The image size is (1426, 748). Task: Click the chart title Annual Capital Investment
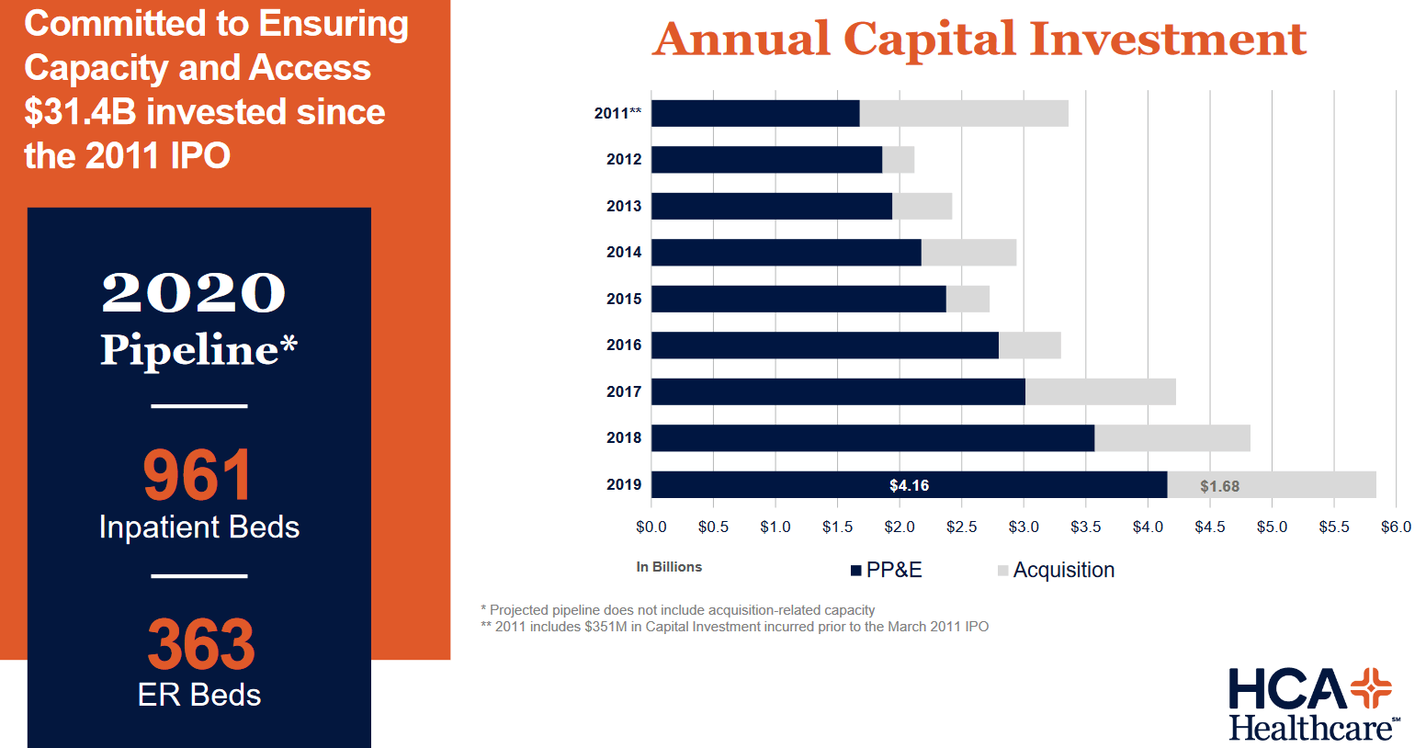[979, 40]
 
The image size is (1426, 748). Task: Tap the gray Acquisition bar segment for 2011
[964, 113]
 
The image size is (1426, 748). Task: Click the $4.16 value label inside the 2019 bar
[909, 485]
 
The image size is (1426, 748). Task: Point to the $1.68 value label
[1219, 486]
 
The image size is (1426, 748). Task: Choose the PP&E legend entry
[886, 570]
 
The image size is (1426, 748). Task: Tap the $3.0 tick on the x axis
[1024, 527]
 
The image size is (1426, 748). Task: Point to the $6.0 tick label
[1395, 527]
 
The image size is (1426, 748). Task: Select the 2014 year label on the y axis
[624, 252]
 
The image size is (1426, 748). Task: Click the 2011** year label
[617, 113]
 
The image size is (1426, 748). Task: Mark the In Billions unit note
[669, 567]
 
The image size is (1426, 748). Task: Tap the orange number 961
[198, 475]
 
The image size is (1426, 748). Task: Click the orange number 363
[200, 644]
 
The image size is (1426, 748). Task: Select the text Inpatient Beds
[199, 527]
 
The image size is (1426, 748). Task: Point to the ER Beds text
[199, 695]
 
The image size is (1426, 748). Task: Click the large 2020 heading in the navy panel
[194, 293]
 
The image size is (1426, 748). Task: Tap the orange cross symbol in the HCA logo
[1371, 688]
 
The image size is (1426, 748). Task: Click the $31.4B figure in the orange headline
[80, 112]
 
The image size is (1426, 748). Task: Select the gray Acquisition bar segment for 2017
[1100, 391]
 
